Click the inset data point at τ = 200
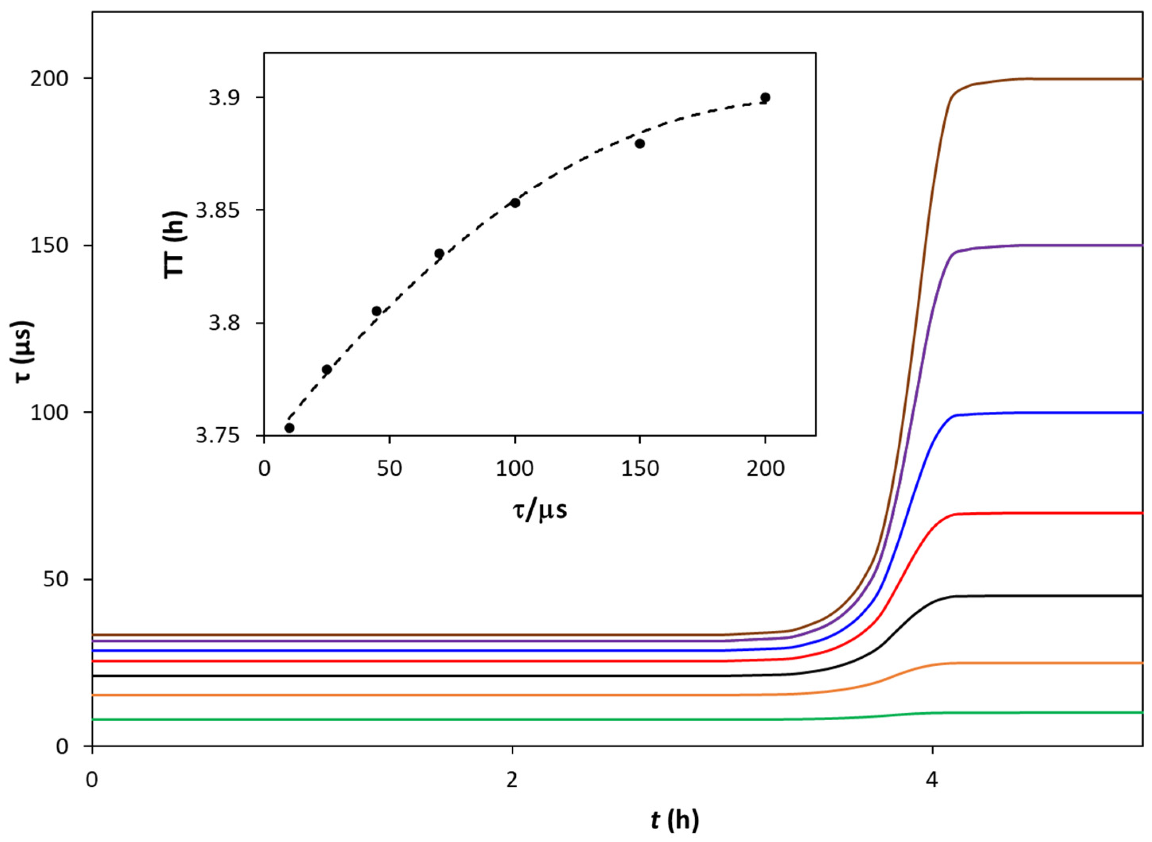point(765,97)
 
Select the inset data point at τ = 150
point(639,144)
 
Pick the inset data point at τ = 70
point(439,253)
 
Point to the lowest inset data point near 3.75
point(289,428)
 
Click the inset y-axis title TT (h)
point(175,245)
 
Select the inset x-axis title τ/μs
point(540,509)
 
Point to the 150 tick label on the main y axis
point(49,246)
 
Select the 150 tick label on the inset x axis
point(640,469)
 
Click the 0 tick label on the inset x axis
point(264,469)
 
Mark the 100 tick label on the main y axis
point(49,412)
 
